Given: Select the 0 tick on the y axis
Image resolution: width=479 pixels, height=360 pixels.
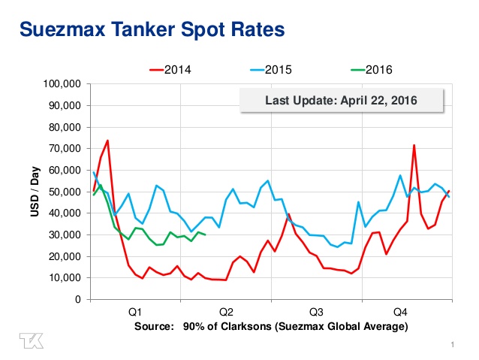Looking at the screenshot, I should (78, 300).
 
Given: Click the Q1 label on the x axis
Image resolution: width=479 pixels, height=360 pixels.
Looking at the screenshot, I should (135, 310).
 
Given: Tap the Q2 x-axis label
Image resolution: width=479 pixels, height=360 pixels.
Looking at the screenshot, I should (226, 310).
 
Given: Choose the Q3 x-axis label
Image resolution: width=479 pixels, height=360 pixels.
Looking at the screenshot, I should (316, 310).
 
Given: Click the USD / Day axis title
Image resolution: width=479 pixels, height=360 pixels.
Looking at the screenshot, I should (35, 191).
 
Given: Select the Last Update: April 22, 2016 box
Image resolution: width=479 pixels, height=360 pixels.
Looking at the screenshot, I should (342, 100).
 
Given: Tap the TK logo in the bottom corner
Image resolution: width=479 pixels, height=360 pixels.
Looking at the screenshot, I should (32, 340).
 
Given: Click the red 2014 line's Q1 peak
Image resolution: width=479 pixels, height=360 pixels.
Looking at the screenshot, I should (107, 141).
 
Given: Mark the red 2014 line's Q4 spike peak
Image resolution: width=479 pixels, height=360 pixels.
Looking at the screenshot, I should (414, 145).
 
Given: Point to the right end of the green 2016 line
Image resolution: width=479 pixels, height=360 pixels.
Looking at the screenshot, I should (206, 234).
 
